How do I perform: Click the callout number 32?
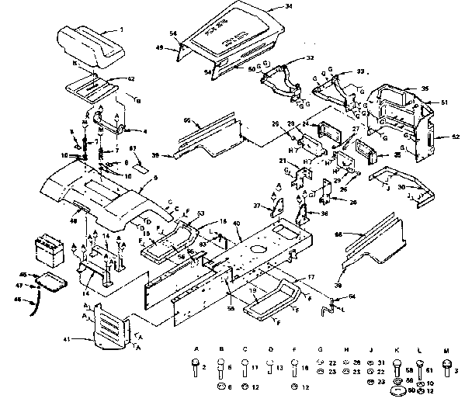[310, 58]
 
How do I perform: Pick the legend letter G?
[321, 350]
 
